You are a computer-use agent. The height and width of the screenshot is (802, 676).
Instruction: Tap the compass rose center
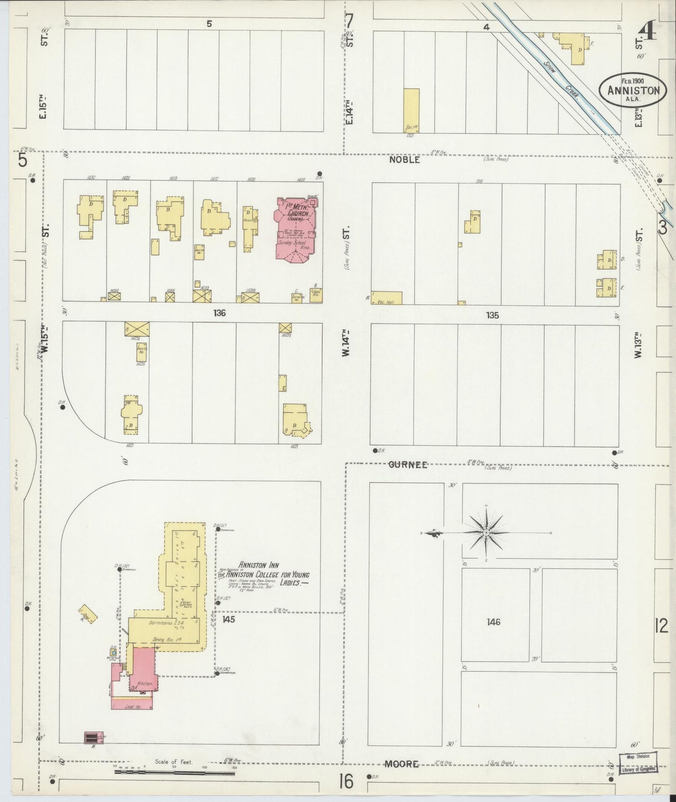tap(487, 532)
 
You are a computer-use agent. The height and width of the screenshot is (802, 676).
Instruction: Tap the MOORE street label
tap(401, 764)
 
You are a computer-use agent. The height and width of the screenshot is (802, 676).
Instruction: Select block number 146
tap(493, 622)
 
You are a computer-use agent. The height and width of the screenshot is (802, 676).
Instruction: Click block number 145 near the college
tap(228, 620)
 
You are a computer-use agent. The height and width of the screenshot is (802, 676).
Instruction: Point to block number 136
tap(219, 313)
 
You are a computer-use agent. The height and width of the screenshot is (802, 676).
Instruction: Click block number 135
tap(492, 315)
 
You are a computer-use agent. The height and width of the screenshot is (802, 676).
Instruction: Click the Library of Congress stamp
tap(639, 763)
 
